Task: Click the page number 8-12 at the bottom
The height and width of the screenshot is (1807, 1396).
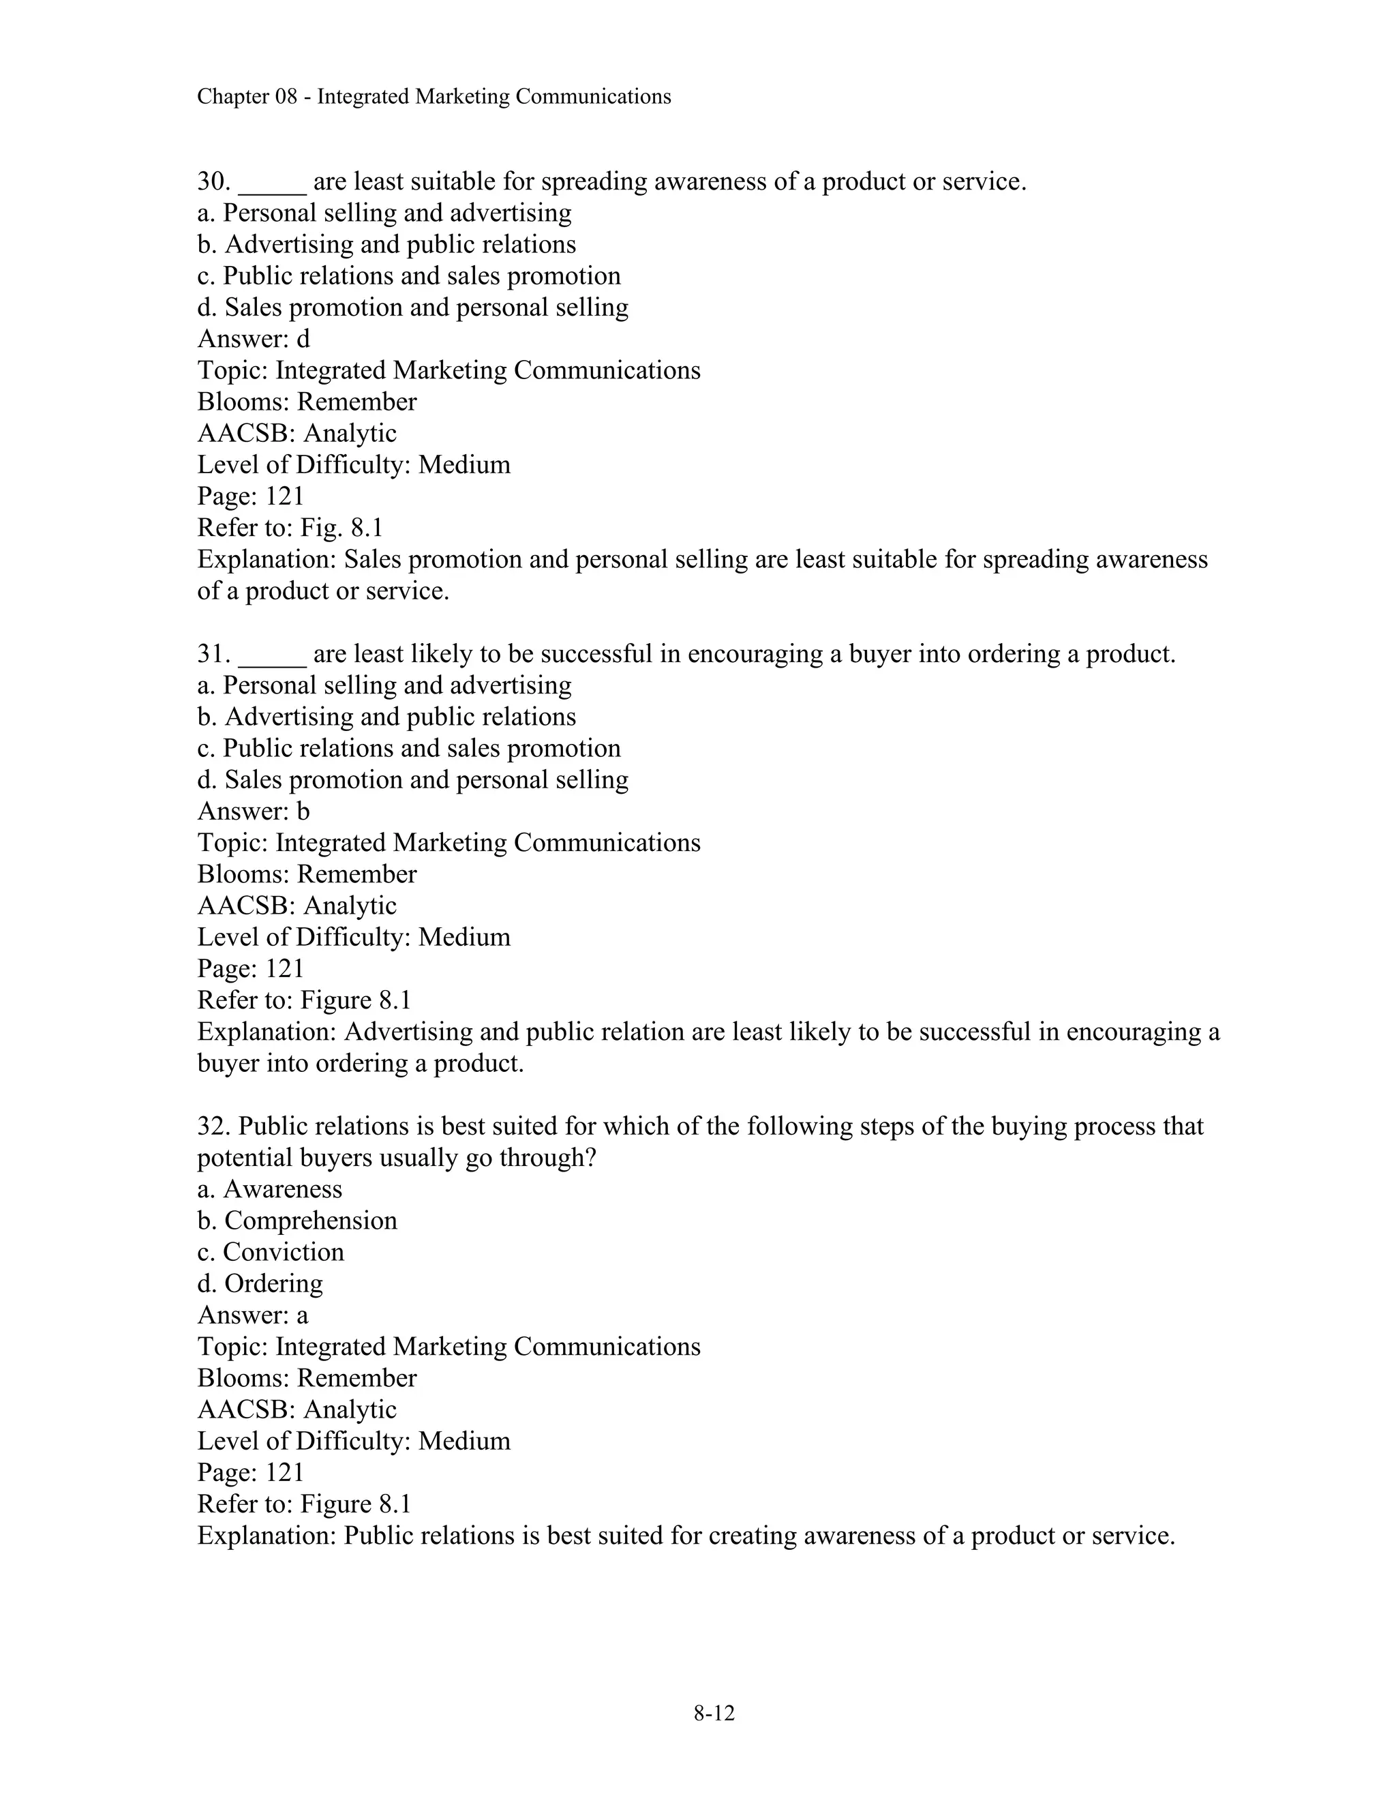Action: [714, 1714]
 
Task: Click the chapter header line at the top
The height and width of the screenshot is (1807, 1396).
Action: [434, 97]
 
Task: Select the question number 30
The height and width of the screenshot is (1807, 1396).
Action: [213, 182]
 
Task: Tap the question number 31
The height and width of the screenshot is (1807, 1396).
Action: [213, 655]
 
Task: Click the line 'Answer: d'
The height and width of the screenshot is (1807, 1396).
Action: [253, 339]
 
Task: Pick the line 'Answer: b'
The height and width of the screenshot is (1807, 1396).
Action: [253, 811]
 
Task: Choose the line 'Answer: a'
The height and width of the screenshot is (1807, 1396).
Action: [252, 1315]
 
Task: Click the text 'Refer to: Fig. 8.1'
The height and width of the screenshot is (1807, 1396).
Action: [290, 528]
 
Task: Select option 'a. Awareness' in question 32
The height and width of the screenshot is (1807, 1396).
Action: [270, 1190]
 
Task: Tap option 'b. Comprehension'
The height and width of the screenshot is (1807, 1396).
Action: [297, 1221]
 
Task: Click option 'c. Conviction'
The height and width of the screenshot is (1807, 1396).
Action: [271, 1253]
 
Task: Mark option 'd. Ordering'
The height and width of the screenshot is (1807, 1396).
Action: [260, 1284]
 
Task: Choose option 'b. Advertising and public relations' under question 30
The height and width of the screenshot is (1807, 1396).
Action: [386, 245]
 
